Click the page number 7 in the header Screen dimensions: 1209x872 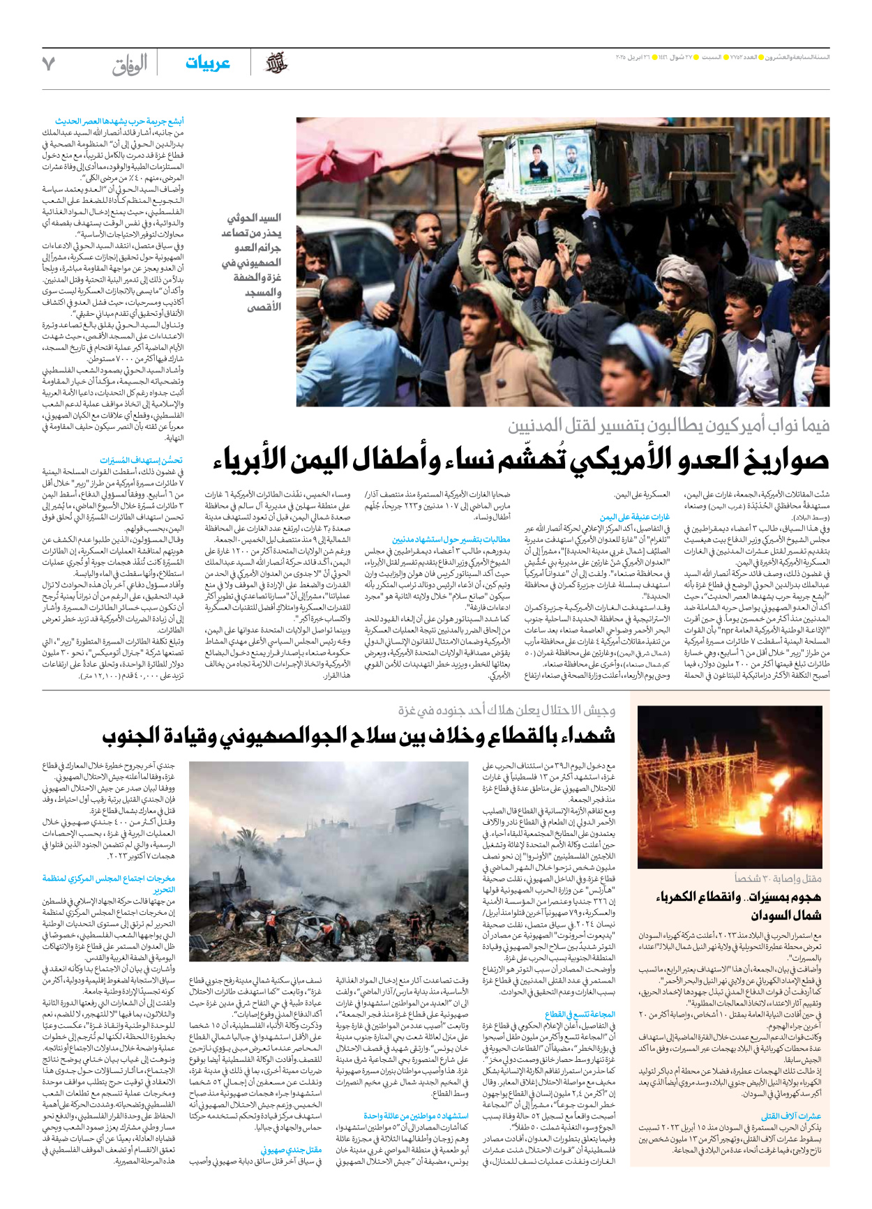[48, 63]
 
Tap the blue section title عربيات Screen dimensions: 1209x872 [207, 63]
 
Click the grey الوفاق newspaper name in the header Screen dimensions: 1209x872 [130, 65]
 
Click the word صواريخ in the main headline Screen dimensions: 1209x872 [785, 459]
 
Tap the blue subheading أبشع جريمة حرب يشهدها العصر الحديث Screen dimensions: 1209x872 [119, 121]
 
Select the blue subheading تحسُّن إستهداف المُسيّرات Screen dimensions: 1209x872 [141, 460]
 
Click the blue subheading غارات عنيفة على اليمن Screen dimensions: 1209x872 [635, 517]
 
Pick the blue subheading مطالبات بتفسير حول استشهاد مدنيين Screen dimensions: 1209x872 [451, 539]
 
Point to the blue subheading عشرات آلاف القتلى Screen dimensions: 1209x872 [790, 1116]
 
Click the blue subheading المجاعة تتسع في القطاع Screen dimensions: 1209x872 [580, 1014]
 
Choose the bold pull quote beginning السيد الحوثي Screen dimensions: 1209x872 [252, 262]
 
